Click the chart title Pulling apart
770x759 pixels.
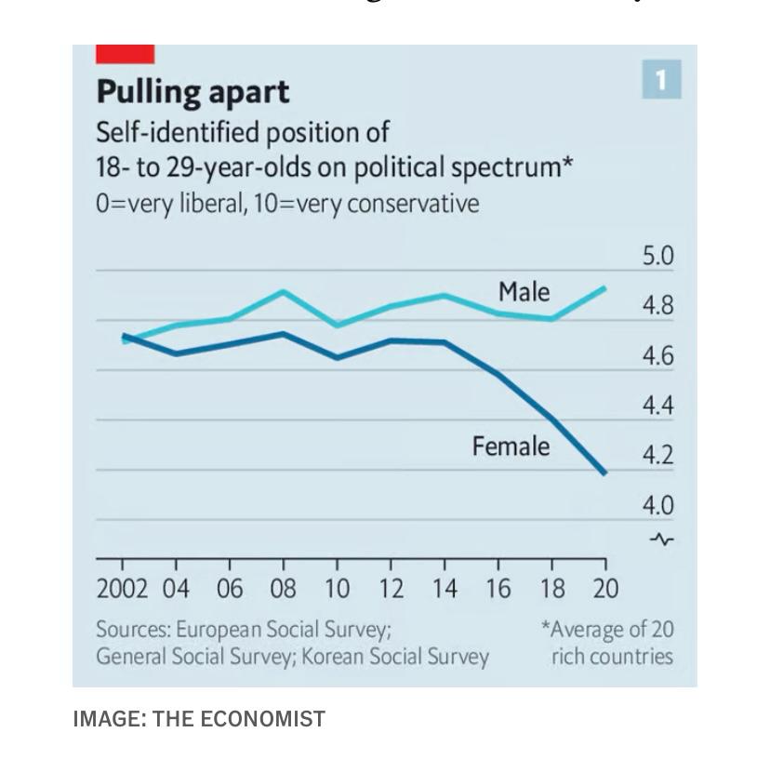point(192,92)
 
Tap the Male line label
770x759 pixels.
point(524,292)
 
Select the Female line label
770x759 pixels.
point(511,446)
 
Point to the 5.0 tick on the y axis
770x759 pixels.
point(657,257)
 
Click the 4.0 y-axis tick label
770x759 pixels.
point(657,506)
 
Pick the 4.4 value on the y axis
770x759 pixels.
point(657,406)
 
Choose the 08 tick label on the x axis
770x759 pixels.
point(284,589)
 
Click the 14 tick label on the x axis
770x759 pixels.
point(445,589)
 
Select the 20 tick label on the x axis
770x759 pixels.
point(605,589)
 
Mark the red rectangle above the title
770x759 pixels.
point(126,54)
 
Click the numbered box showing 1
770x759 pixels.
point(661,80)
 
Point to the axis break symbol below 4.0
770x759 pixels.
point(662,539)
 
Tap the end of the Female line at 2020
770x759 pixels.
point(605,473)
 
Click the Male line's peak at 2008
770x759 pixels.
point(284,292)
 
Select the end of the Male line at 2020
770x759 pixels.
point(605,288)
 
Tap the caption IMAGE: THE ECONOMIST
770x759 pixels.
point(199,719)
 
